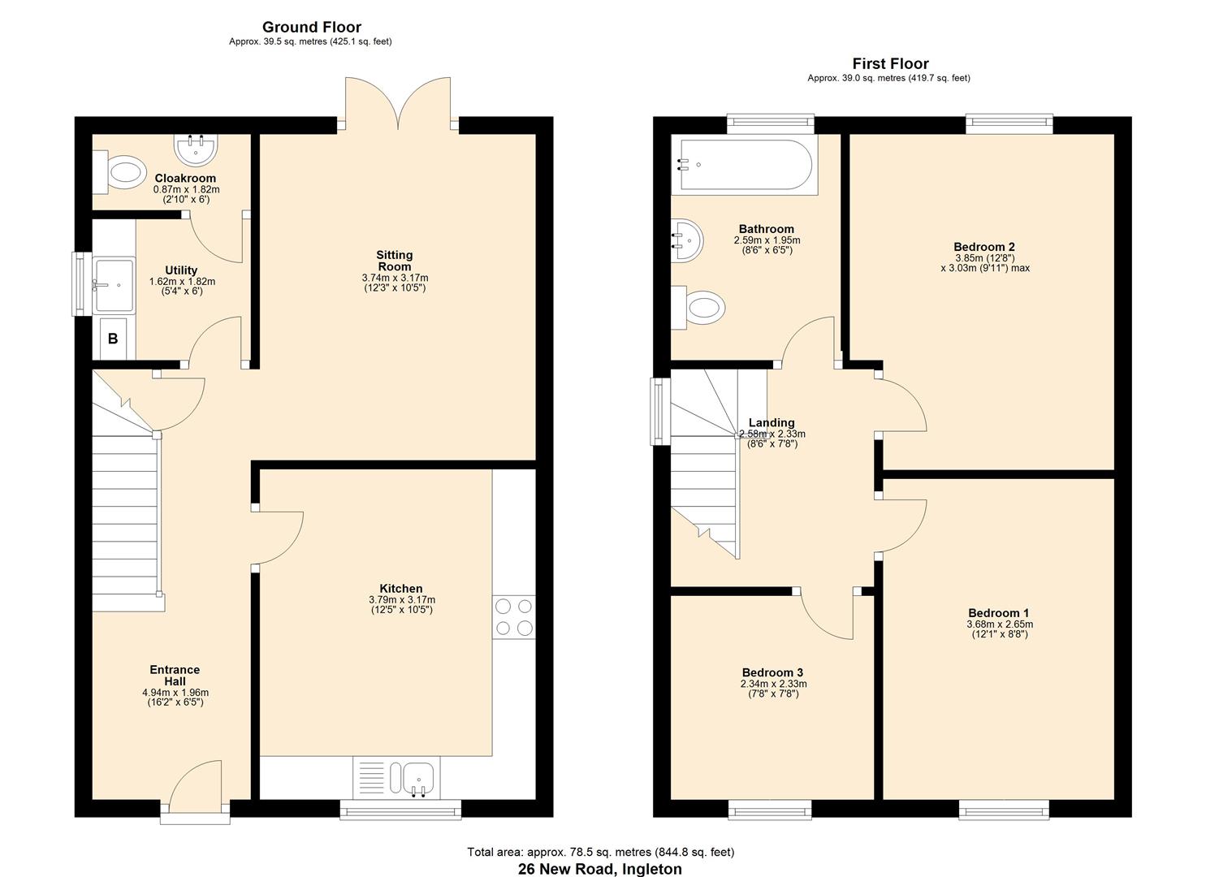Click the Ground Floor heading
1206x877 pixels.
[311, 28]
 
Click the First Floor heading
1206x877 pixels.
[890, 63]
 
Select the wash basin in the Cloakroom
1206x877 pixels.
[195, 149]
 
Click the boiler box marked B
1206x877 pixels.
[113, 339]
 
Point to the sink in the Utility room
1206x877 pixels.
[114, 285]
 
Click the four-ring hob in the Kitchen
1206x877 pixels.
[514, 616]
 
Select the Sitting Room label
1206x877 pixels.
[395, 261]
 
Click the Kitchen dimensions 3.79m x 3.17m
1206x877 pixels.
[401, 600]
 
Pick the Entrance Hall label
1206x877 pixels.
[175, 676]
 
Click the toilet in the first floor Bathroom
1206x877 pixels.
[702, 309]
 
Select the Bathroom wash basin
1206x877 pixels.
[687, 240]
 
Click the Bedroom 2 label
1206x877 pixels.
[984, 247]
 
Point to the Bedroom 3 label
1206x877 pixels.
[772, 672]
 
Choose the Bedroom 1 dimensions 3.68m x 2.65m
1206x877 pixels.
[999, 624]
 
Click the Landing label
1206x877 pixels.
[772, 422]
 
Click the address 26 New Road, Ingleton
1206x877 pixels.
[600, 869]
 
